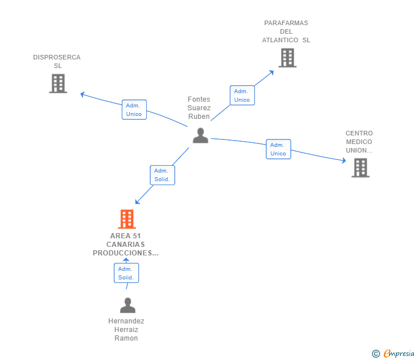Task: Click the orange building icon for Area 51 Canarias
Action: point(126,219)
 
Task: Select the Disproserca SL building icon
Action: point(58,83)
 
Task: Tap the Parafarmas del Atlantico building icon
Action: point(287,58)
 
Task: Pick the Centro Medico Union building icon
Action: point(360,168)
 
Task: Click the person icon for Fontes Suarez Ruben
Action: point(200,135)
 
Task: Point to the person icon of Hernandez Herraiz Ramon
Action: point(127,305)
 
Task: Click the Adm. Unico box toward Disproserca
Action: point(134,110)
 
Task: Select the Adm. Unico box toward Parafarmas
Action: point(242,95)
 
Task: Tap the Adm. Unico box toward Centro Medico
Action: point(278,149)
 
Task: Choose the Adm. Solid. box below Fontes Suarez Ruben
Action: point(162,175)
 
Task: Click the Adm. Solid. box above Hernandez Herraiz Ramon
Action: point(126,273)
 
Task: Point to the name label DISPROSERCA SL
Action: point(57,62)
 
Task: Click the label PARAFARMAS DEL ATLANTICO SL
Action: point(286,32)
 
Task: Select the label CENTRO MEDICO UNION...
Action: point(359,142)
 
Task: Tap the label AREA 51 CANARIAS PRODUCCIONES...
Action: point(126,244)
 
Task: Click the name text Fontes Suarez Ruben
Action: point(199,108)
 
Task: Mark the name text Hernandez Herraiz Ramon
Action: point(126,330)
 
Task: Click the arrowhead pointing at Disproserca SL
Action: point(82,94)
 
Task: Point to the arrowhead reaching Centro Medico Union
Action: point(343,162)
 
